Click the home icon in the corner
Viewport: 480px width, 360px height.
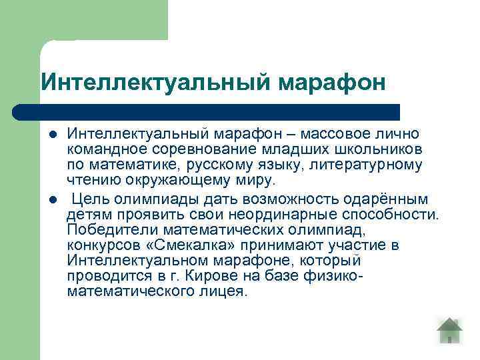(x=450, y=331)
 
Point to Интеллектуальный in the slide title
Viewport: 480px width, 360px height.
(x=155, y=83)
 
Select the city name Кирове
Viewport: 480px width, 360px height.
(x=218, y=276)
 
